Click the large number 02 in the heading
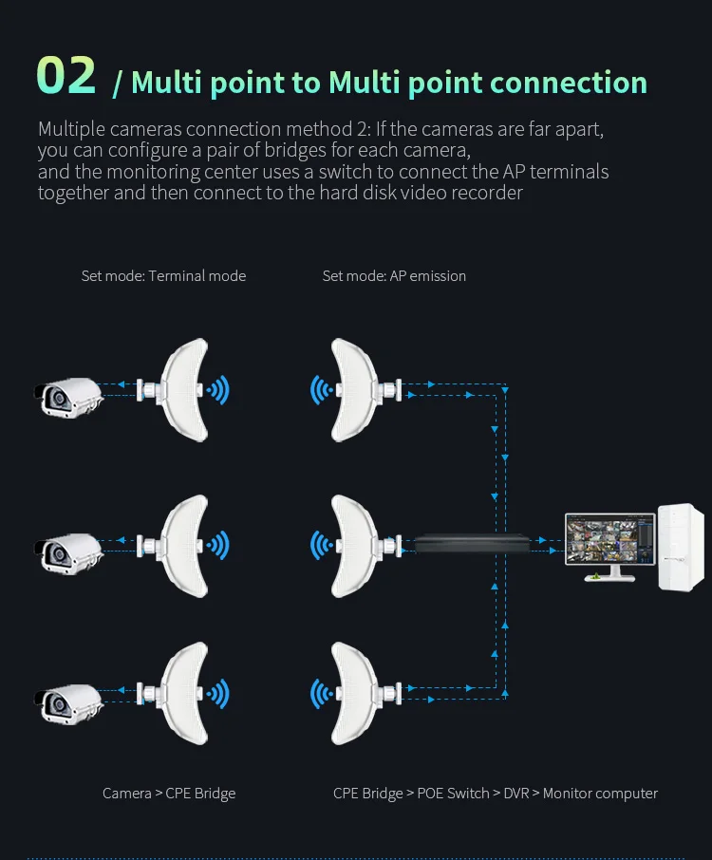[66, 77]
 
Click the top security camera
[67, 396]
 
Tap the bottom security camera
[67, 699]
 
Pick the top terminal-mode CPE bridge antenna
[184, 389]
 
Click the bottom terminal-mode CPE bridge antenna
[184, 692]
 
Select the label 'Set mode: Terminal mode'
[163, 276]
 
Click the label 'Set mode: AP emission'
[394, 276]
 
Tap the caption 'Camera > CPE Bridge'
[169, 793]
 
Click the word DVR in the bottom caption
[516, 793]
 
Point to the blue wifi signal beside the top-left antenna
[219, 389]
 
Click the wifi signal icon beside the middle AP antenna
[321, 545]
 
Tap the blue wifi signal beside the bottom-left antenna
[219, 692]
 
